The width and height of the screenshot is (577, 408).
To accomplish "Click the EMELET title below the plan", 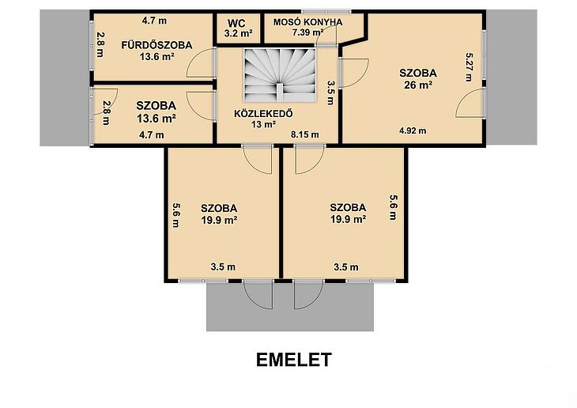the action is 294,360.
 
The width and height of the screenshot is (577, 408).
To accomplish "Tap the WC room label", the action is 236,24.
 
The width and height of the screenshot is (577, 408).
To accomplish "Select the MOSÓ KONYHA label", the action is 307,22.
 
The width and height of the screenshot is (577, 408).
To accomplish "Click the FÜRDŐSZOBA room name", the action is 157,45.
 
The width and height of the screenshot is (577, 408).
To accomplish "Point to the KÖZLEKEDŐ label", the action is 263,113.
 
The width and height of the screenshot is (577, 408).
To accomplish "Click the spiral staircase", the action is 280,75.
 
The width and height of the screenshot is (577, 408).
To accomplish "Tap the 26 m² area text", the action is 418,85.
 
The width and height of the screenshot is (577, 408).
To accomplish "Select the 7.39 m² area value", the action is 308,32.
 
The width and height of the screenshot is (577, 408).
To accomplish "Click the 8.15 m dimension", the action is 304,134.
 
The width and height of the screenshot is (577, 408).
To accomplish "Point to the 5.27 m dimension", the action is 469,67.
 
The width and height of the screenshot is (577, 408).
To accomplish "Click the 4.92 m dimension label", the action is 413,130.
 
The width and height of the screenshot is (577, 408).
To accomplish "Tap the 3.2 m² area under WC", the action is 239,33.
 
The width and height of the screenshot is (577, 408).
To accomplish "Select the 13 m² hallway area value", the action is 263,124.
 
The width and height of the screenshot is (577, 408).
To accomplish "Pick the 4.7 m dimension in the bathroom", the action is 154,21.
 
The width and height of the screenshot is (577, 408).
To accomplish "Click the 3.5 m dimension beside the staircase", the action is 330,93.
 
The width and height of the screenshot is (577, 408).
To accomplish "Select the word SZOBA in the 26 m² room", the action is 418,73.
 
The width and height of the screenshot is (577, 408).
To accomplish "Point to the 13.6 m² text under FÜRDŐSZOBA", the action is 157,57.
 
